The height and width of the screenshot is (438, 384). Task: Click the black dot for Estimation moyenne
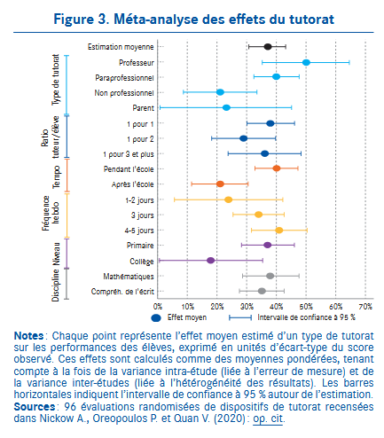click(268, 47)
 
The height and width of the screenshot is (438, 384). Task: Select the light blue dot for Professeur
click(306, 62)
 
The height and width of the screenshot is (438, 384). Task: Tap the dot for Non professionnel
click(220, 92)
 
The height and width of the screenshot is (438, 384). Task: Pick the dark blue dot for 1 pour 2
click(243, 138)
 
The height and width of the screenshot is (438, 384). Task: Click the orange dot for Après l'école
click(220, 184)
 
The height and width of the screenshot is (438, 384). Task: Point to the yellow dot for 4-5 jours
click(278, 231)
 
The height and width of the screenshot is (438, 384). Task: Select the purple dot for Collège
click(210, 261)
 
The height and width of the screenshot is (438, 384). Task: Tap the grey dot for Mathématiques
click(270, 276)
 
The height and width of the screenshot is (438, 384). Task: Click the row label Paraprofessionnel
click(124, 78)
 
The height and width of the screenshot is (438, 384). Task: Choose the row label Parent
click(143, 108)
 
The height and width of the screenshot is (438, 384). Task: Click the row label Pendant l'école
click(129, 169)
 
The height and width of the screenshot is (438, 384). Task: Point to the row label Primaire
click(140, 246)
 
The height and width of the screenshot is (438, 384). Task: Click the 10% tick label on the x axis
click(187, 307)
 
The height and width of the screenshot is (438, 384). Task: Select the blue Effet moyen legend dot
click(156, 317)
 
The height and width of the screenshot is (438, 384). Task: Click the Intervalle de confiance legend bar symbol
click(240, 317)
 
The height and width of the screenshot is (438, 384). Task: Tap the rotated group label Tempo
click(56, 176)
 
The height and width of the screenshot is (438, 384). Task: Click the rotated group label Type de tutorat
click(56, 80)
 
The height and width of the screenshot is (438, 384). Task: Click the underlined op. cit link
click(268, 418)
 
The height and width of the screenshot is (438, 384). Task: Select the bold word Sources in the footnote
click(35, 407)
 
